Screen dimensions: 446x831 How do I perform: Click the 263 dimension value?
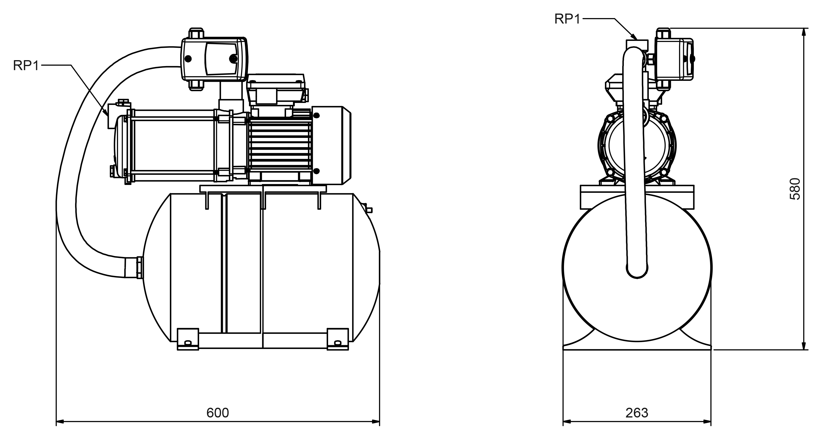coord(637,413)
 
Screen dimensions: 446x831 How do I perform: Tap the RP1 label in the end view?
coord(567,19)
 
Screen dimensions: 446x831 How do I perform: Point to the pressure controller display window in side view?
coord(222,59)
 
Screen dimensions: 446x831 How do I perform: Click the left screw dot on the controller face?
coord(188,59)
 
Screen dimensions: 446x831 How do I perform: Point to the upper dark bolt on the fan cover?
coord(316,116)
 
